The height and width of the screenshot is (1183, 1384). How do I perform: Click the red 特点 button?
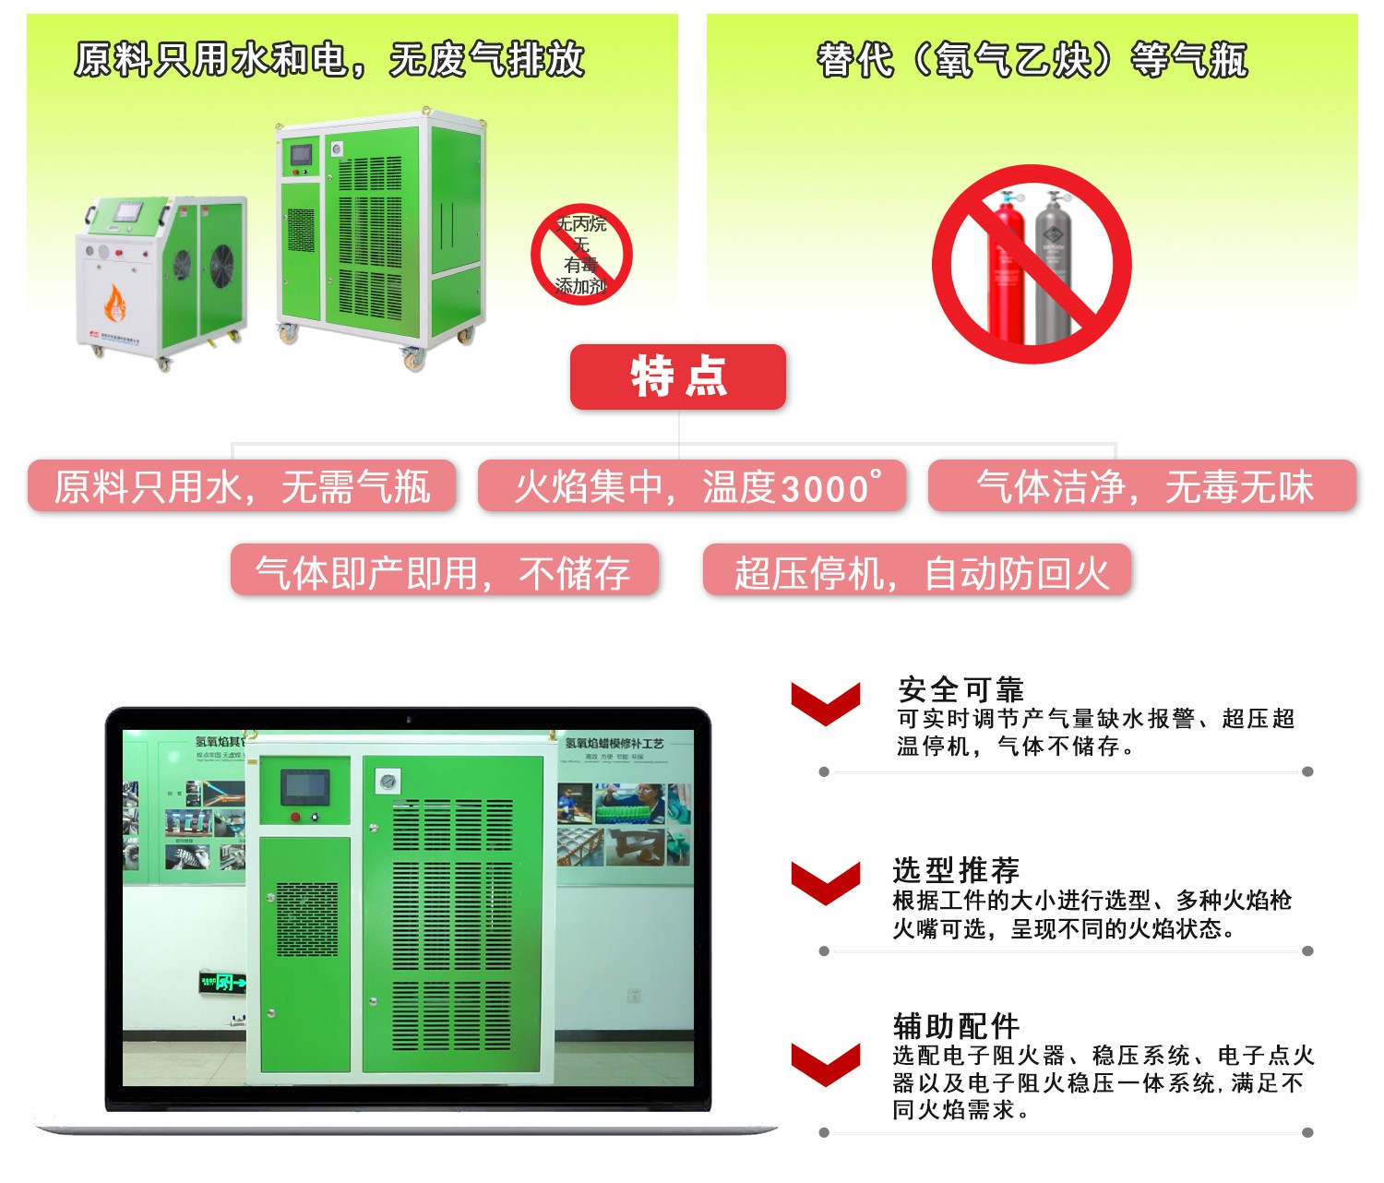click(x=678, y=376)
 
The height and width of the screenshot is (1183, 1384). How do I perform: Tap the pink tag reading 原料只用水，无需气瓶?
click(x=242, y=486)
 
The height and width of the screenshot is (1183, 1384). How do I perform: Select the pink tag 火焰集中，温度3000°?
click(x=692, y=486)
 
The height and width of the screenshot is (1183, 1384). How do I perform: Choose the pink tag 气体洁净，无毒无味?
click(x=1142, y=486)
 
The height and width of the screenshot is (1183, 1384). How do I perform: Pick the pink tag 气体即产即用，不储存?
click(x=444, y=571)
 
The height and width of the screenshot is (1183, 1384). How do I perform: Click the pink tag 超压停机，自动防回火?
click(x=917, y=571)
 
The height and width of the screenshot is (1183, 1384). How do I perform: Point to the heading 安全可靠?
click(x=960, y=689)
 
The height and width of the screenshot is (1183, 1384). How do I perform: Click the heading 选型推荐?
click(x=956, y=869)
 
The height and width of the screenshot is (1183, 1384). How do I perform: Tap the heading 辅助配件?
click(x=956, y=1025)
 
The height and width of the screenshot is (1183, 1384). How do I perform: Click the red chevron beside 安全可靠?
click(x=825, y=703)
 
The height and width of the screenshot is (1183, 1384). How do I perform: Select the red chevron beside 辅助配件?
click(x=825, y=1063)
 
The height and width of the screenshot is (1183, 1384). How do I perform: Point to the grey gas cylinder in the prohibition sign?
click(x=1054, y=268)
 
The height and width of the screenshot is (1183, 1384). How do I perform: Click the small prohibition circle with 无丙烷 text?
click(x=581, y=255)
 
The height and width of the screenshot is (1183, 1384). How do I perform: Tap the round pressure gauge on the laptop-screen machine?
click(x=388, y=782)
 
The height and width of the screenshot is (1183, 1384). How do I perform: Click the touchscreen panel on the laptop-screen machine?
click(x=304, y=786)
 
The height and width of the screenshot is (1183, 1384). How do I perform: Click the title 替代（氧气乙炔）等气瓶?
click(x=1032, y=61)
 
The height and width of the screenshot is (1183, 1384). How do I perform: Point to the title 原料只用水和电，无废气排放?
click(x=329, y=60)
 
